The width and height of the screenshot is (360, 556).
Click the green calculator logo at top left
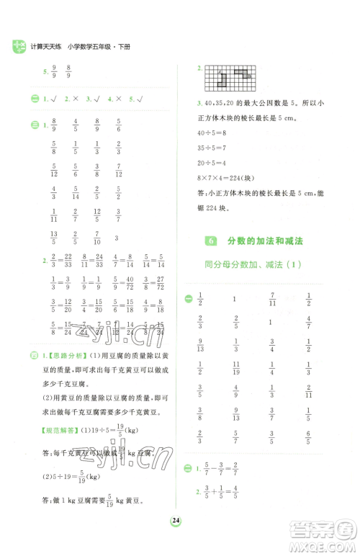18,48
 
